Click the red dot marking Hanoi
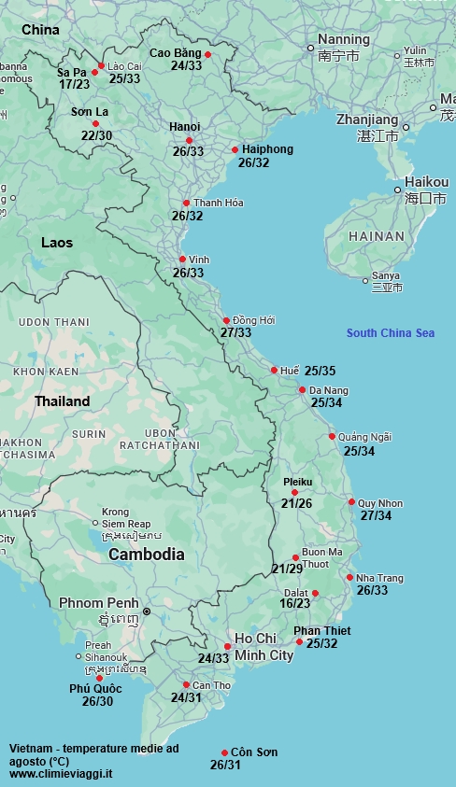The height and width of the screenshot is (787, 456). (x=189, y=140)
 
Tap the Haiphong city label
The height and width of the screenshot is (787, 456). (x=267, y=149)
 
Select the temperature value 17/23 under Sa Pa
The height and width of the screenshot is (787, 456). (x=74, y=84)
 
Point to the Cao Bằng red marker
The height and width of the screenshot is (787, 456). (x=208, y=54)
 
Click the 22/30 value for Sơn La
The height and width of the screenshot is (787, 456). (x=96, y=135)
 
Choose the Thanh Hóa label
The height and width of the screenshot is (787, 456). (x=218, y=203)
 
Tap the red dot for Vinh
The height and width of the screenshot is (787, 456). (x=182, y=260)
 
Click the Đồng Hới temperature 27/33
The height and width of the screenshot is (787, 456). (x=236, y=332)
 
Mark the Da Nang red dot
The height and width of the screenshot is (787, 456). (x=303, y=390)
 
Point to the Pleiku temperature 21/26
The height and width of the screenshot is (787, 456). (x=296, y=504)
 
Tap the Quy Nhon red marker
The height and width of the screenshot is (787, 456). (x=351, y=502)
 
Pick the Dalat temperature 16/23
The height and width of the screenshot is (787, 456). (x=295, y=604)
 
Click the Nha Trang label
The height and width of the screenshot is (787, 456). (x=379, y=578)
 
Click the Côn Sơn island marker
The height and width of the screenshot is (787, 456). (x=224, y=752)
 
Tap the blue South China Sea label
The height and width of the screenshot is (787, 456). (x=390, y=333)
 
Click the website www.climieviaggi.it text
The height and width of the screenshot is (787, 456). (x=61, y=774)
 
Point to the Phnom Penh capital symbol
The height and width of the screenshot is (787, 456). (x=146, y=611)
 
